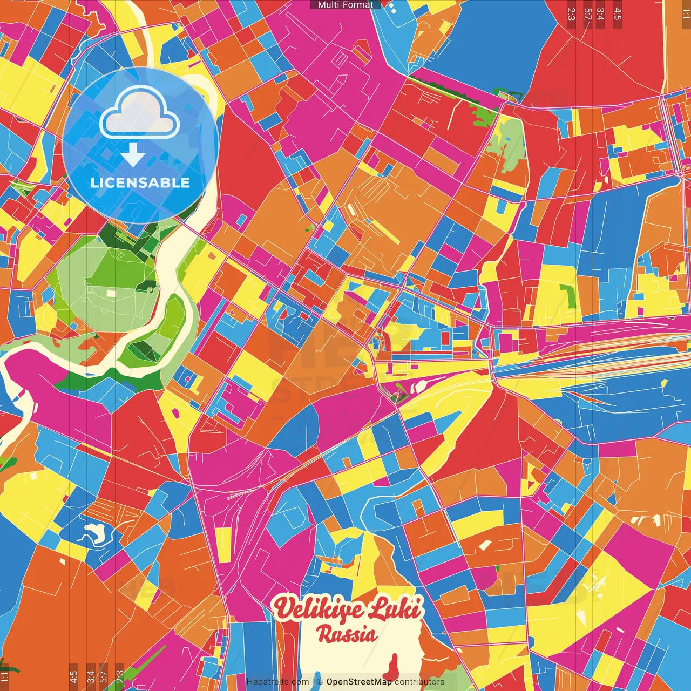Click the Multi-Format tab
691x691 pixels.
click(x=345, y=5)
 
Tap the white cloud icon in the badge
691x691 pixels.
click(x=140, y=113)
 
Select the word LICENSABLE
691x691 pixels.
click(x=140, y=182)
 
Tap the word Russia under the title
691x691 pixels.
click(x=347, y=634)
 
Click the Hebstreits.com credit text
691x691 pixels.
click(x=278, y=682)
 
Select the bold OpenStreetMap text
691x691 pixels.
click(x=359, y=682)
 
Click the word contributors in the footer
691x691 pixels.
click(x=419, y=682)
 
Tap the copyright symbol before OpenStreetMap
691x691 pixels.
click(x=320, y=682)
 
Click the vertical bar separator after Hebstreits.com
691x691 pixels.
click(x=313, y=682)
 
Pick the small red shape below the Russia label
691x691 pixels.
click(x=394, y=667)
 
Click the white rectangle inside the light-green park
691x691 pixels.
click(x=111, y=293)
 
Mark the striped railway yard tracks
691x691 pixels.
click(x=594, y=345)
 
